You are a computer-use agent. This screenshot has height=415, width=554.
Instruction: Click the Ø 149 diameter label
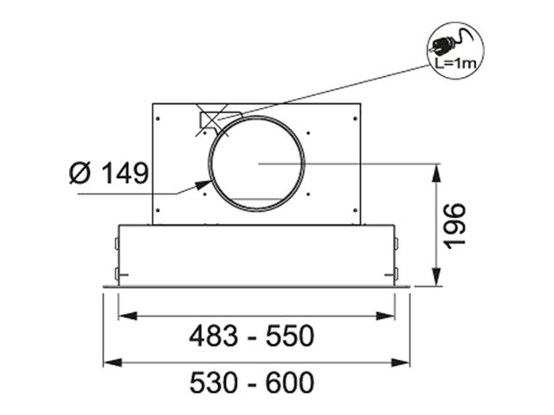(109, 173)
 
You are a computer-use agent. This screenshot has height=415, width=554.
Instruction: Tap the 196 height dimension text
(455, 227)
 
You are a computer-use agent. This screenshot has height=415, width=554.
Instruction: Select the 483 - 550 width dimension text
(252, 335)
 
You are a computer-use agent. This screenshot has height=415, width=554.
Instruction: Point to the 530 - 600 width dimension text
(252, 382)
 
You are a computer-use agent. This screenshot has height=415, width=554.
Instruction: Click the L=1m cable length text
(455, 64)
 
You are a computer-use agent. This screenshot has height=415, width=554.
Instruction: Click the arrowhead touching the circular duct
(203, 184)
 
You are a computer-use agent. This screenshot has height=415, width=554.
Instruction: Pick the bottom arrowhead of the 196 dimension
(437, 277)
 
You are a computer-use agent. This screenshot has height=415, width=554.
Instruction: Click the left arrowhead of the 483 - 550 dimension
(128, 316)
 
